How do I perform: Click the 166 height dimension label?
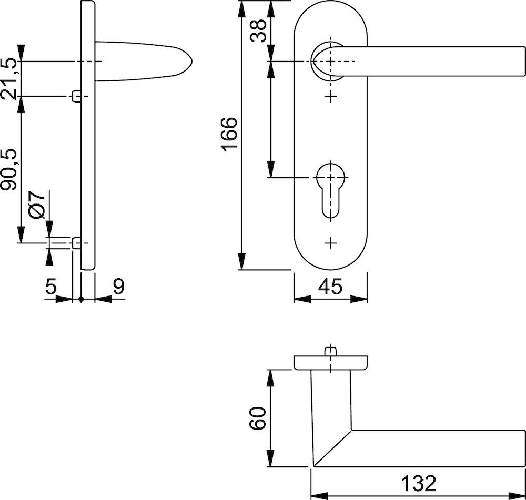tap(230, 134)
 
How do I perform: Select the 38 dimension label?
tap(258, 30)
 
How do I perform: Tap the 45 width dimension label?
tap(330, 287)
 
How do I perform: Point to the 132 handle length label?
tap(418, 483)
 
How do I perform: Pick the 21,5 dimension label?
tap(8, 79)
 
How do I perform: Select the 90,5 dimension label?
tap(8, 170)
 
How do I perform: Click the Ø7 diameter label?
tap(37, 205)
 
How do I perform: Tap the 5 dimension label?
tap(50, 287)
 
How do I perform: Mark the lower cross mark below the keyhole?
tap(330, 243)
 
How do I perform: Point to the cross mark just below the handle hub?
tap(330, 97)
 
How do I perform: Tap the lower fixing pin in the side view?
tap(77, 243)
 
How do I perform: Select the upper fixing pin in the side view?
tap(77, 97)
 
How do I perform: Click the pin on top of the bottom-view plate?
tap(330, 351)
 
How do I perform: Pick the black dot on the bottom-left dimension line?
tap(81, 299)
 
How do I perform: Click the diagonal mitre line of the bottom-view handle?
tap(332, 448)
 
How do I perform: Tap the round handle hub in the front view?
tap(328, 62)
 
